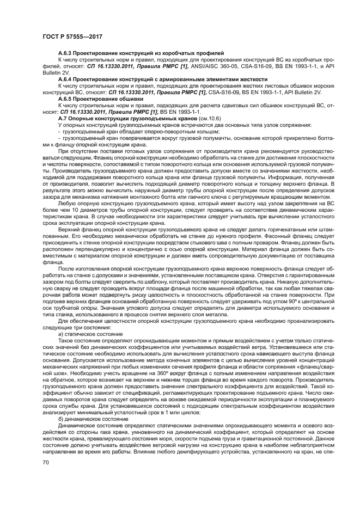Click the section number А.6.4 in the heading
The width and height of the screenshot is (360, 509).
65,77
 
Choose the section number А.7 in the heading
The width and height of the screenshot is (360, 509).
63,118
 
